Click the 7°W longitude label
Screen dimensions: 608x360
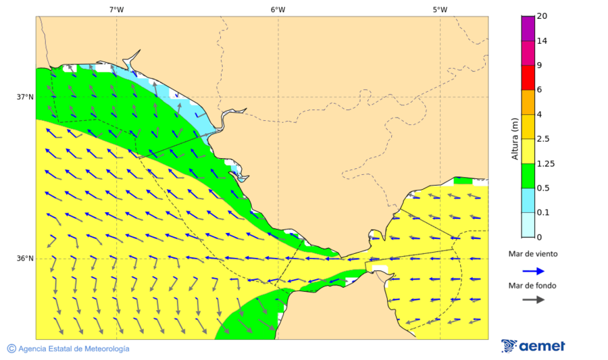[116, 9]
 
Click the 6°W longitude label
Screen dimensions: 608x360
[278, 9]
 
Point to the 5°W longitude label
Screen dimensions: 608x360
[440, 9]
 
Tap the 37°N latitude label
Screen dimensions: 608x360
[25, 97]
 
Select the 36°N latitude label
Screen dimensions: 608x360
[25, 258]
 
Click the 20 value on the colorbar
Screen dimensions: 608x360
[542, 16]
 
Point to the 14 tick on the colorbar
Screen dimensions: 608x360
[542, 41]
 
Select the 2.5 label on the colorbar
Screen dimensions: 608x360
[543, 138]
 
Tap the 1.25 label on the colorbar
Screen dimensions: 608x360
[545, 163]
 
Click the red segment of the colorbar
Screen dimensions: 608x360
[528, 77]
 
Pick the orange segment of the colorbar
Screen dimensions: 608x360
[528, 102]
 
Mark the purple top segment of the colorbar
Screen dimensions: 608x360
[528, 28]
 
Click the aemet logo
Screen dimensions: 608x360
[534, 346]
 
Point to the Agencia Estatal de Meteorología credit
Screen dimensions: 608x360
[68, 349]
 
